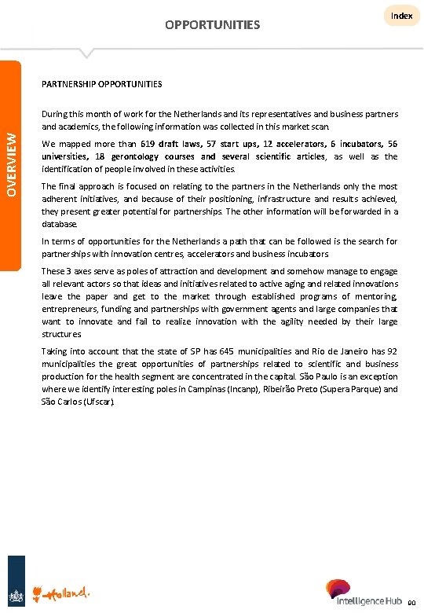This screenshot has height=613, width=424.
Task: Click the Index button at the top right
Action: tap(401, 16)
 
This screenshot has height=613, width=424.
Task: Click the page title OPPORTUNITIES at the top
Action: tap(212, 25)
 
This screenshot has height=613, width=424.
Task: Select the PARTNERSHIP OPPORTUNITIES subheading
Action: tap(101, 83)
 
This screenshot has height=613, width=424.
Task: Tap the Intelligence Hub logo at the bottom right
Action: tap(367, 592)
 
